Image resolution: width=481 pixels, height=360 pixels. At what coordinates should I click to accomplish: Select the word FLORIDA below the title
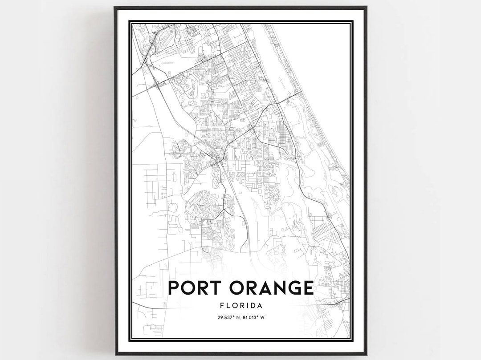click(x=240, y=306)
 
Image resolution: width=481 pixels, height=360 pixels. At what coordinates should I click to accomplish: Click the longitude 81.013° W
click(x=256, y=318)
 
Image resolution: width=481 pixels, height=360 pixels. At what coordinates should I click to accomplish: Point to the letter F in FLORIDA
click(x=222, y=306)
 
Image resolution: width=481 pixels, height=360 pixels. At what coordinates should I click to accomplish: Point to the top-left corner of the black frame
click(x=115, y=8)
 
